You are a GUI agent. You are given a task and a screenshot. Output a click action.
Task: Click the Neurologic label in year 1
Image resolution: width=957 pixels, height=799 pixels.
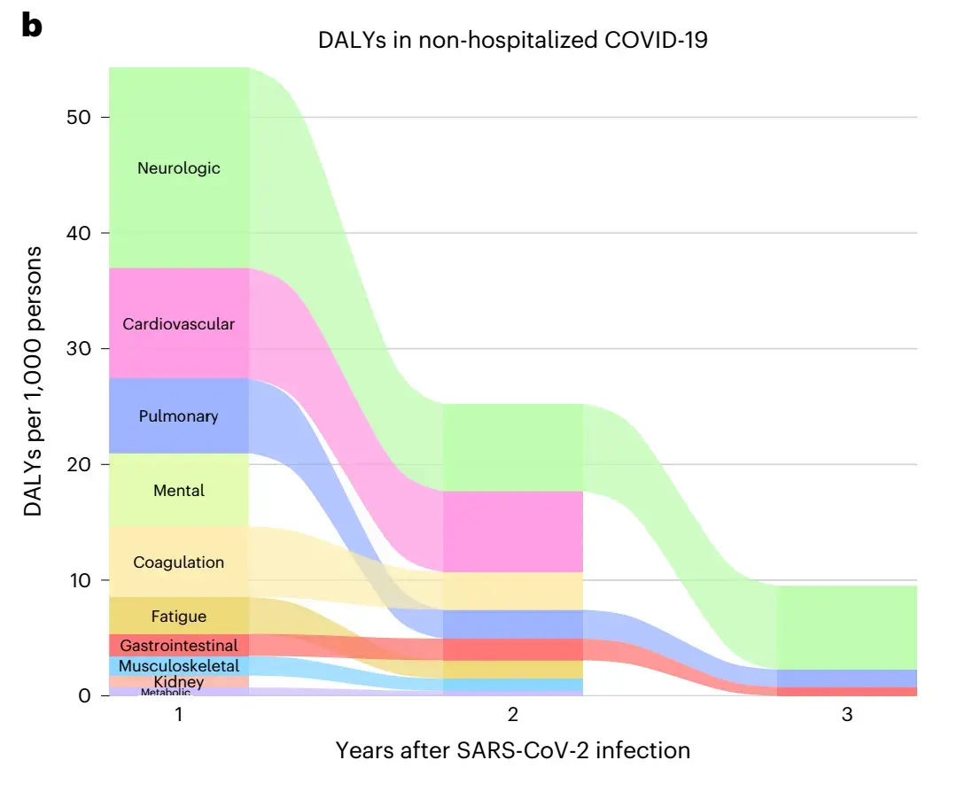[178, 168]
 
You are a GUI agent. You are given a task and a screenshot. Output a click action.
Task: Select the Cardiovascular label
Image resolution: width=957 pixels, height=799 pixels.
[178, 324]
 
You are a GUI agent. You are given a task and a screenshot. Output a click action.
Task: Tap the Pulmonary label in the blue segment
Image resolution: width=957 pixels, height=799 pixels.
[178, 416]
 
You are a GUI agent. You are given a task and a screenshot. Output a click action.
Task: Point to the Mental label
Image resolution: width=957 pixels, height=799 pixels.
[178, 491]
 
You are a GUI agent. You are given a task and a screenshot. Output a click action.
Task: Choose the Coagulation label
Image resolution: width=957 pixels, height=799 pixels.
[178, 562]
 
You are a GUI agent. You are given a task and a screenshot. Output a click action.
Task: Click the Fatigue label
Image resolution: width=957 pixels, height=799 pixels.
[178, 617]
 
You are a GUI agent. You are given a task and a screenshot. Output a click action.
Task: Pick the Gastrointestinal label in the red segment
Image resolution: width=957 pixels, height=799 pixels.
[178, 646]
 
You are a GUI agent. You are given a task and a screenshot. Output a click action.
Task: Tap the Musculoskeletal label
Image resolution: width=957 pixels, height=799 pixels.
[178, 666]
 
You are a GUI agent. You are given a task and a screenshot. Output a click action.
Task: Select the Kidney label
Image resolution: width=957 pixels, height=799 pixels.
[178, 682]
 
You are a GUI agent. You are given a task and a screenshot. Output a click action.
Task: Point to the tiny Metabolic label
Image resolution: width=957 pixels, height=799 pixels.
[165, 693]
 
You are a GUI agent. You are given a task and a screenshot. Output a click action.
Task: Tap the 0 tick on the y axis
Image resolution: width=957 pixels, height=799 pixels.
[84, 696]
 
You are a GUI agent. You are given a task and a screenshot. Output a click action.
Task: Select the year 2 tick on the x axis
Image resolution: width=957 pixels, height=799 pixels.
[513, 715]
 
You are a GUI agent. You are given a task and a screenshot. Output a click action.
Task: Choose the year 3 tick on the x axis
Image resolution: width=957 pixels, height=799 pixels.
[847, 715]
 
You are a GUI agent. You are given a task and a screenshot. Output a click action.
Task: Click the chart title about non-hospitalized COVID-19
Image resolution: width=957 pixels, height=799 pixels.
[513, 41]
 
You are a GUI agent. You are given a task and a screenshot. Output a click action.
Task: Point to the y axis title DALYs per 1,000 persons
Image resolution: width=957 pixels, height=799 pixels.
[33, 382]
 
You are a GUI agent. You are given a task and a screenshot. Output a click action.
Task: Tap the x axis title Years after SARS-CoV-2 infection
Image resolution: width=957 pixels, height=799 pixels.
[513, 751]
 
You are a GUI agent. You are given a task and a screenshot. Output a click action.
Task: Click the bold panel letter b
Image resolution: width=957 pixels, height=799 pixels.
[32, 27]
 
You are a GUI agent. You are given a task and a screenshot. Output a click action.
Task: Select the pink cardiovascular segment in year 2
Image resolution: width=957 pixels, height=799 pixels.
[513, 531]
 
